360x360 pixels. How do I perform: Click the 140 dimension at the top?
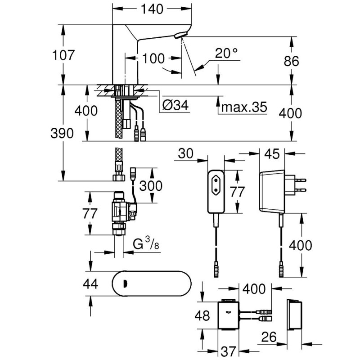coord(148,9)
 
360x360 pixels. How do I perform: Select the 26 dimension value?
coord(269,337)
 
